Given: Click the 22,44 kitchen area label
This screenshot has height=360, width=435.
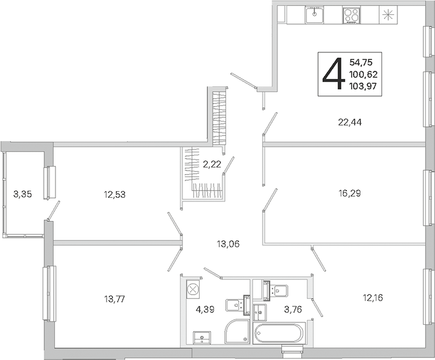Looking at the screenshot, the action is [x=350, y=122].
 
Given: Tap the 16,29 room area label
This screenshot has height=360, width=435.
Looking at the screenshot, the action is [x=349, y=193].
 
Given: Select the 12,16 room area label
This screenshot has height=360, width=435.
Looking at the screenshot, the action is [x=373, y=298].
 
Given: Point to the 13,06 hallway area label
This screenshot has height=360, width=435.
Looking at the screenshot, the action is [x=228, y=244].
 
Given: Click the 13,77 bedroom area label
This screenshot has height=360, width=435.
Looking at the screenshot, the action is [x=115, y=299].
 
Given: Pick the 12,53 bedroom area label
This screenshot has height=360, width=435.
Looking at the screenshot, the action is [x=115, y=195].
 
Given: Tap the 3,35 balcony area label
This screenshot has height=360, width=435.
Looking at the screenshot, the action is [x=22, y=194].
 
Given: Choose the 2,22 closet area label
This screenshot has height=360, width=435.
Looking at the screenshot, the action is [x=212, y=165].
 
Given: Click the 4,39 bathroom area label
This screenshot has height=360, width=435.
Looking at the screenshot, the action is [x=205, y=309].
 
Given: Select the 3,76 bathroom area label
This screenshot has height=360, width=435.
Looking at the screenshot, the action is [x=293, y=309].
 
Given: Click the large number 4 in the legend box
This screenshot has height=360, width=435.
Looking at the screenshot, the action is [x=333, y=73].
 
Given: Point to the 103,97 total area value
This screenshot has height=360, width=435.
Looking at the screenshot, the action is [x=363, y=86].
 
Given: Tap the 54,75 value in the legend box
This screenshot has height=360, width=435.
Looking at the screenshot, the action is [x=360, y=62].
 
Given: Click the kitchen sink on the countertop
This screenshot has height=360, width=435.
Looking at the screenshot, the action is [x=315, y=15].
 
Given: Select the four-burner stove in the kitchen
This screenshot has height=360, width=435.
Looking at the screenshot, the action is [x=352, y=15].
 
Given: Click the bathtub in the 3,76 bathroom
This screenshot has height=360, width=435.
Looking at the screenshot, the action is [x=278, y=333].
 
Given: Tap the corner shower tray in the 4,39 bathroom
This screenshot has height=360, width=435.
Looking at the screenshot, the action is [x=237, y=331].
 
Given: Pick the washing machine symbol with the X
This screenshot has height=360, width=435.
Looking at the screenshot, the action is [x=192, y=289].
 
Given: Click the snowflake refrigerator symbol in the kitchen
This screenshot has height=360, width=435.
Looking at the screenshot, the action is [x=388, y=15].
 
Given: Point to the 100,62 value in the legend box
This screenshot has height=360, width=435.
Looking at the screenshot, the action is [x=364, y=75].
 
